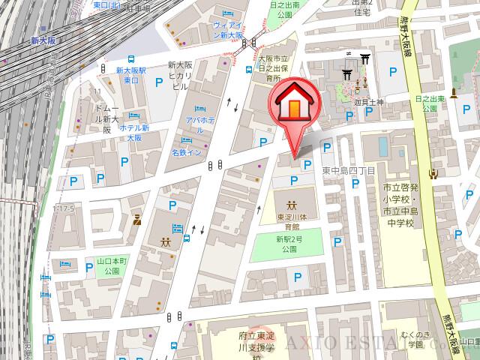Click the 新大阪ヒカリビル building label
181,75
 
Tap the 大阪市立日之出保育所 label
267,67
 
